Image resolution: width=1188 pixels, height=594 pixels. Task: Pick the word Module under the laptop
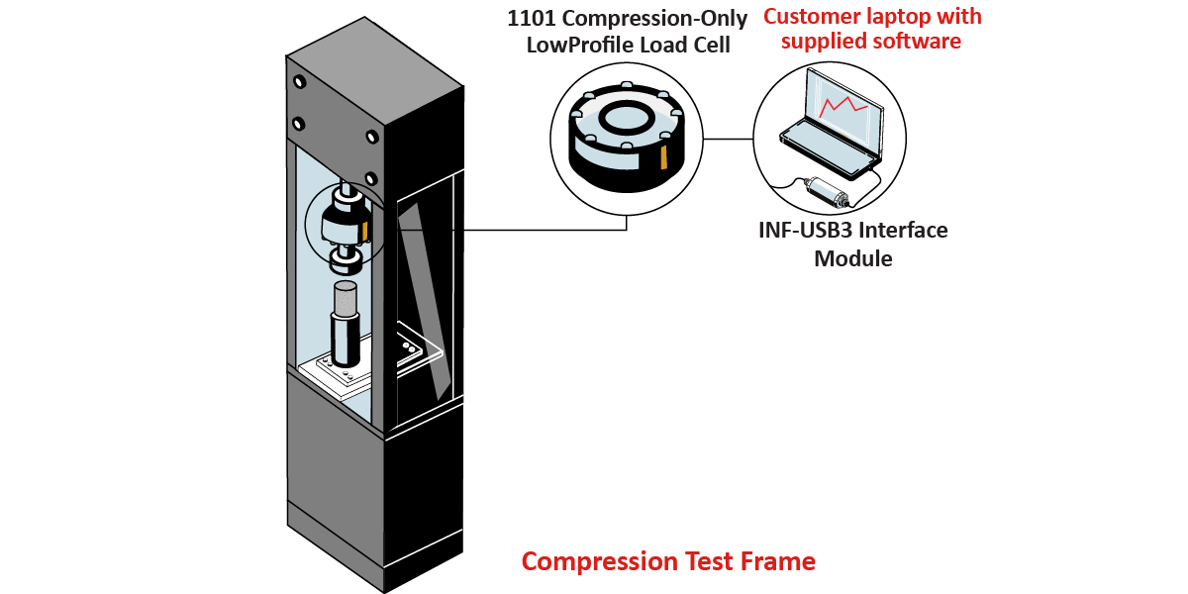point(853,259)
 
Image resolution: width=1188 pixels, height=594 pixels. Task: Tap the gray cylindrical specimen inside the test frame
point(345,299)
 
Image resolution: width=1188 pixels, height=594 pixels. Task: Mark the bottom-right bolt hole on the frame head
point(371,137)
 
